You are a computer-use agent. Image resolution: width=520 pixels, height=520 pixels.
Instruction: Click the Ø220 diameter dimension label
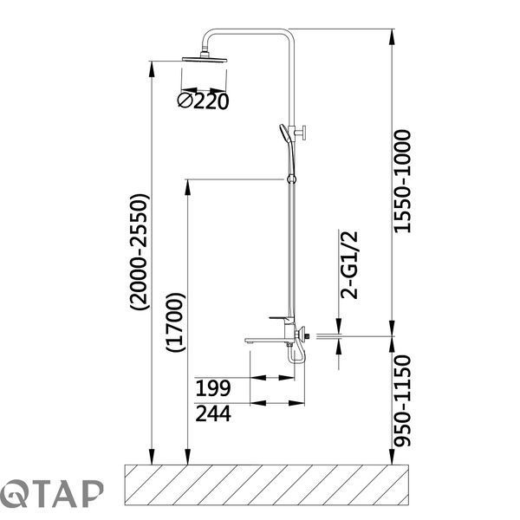pyautogui.click(x=203, y=101)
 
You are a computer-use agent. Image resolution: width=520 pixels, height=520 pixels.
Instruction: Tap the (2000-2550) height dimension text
pyautogui.click(x=140, y=252)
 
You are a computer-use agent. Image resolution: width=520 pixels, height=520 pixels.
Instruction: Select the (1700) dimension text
pyautogui.click(x=175, y=322)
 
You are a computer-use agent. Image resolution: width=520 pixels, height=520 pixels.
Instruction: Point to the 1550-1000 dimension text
pyautogui.click(x=403, y=181)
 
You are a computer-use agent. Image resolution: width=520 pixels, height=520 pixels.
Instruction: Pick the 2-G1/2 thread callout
pyautogui.click(x=349, y=265)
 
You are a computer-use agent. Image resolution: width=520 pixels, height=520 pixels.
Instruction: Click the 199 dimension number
pyautogui.click(x=213, y=388)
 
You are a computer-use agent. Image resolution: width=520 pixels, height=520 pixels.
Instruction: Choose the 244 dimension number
pyautogui.click(x=213, y=414)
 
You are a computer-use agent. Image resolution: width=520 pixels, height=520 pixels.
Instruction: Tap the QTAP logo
pyautogui.click(x=51, y=494)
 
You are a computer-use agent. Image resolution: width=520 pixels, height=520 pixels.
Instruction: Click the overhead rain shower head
pyautogui.click(x=205, y=59)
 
